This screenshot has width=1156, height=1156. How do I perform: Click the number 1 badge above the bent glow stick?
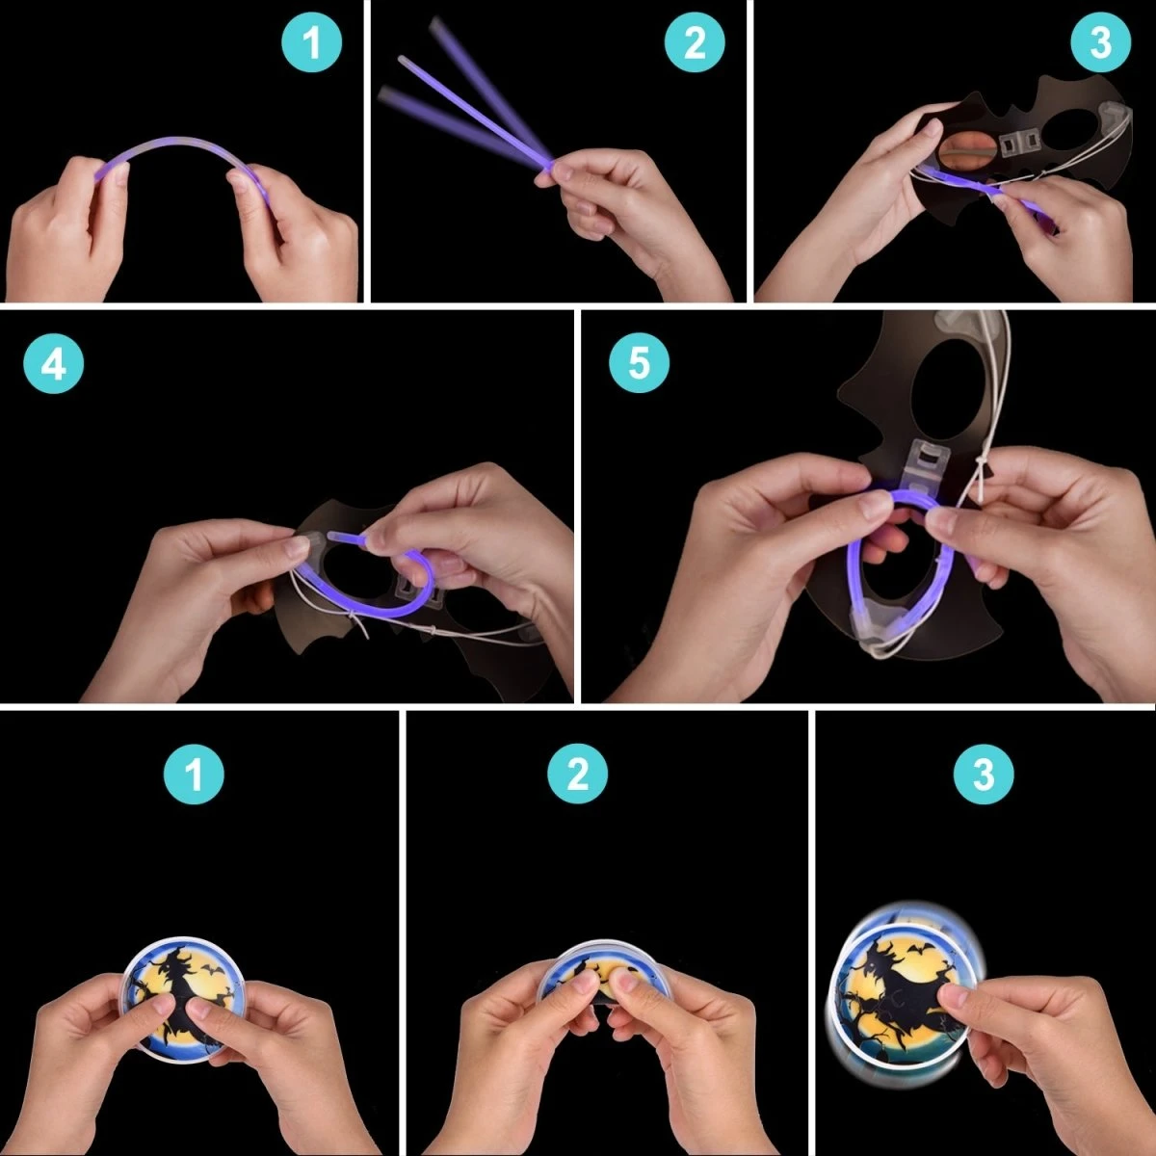[x=311, y=42]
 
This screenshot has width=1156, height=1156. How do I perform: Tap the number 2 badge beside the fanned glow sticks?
[x=695, y=42]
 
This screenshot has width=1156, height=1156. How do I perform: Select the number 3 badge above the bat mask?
[x=1101, y=42]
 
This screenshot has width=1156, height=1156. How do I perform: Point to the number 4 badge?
[x=53, y=363]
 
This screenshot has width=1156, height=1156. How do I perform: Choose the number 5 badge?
[x=639, y=363]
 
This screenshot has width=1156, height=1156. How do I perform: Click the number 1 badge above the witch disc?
[x=194, y=774]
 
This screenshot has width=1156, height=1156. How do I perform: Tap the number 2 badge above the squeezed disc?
[x=577, y=774]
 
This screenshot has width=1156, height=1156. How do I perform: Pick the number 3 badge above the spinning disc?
[x=984, y=774]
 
